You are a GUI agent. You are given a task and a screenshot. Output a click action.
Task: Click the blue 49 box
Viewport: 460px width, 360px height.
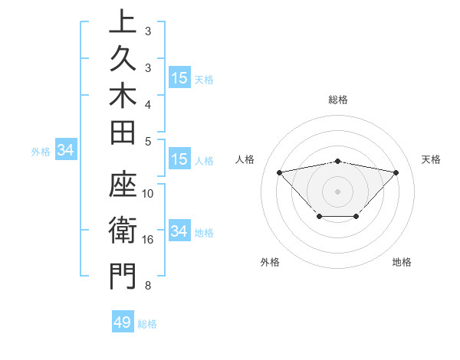[x=123, y=322]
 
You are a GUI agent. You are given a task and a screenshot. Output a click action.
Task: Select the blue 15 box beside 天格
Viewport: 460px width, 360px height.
[x=179, y=78]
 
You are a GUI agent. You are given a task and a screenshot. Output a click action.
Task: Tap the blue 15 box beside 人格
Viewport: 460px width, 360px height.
[x=179, y=159]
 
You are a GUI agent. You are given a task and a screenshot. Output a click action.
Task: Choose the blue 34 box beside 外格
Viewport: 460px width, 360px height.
[x=66, y=150]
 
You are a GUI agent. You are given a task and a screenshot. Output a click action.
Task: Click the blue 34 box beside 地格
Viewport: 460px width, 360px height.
[x=179, y=231]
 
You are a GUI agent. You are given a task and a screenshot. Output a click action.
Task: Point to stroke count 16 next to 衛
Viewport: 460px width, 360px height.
[x=148, y=240]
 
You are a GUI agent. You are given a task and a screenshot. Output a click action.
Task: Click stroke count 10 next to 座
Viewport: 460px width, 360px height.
[x=148, y=194]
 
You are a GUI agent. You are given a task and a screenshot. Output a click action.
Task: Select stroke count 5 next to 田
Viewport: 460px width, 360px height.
[x=148, y=140]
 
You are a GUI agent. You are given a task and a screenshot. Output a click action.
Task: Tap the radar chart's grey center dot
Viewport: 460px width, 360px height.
[x=337, y=191]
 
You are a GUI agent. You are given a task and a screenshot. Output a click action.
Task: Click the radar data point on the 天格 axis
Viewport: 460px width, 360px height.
[x=396, y=172]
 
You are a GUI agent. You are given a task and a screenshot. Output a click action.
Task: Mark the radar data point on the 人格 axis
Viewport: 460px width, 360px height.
[x=279, y=172]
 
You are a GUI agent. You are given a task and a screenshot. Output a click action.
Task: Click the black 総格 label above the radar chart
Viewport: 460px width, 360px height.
[x=338, y=100]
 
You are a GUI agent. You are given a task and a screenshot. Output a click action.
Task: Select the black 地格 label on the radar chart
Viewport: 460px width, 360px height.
[x=402, y=262]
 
